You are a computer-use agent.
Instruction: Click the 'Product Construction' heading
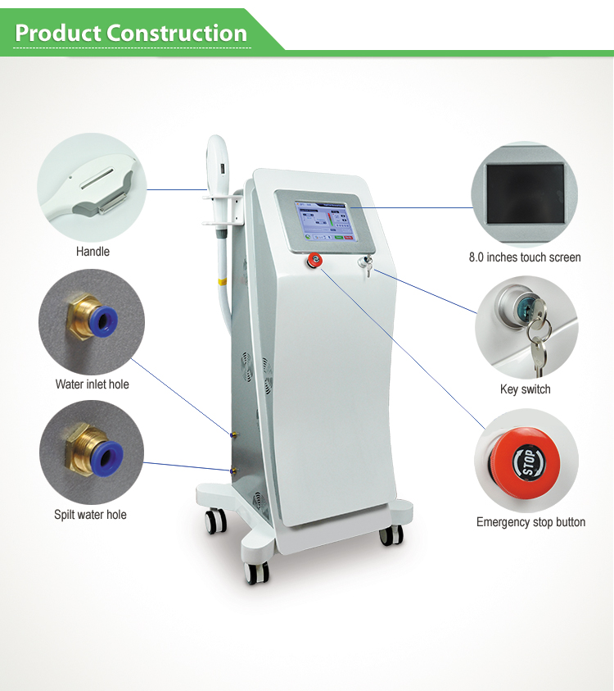pos(131,34)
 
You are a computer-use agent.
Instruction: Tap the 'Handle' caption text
pos(93,252)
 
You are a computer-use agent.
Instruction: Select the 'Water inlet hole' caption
pos(92,384)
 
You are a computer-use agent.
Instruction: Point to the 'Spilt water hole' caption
pos(90,515)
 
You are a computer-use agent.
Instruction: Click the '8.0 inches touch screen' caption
pos(525,257)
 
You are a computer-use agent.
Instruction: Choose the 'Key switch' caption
pos(525,389)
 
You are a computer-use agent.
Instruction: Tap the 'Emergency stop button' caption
pos(530,522)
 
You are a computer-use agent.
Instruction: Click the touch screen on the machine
pos(326,221)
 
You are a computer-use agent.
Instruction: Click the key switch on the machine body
pos(366,265)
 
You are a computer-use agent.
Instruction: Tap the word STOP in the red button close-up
pos(529,462)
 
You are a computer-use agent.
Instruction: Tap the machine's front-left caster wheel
pos(256,573)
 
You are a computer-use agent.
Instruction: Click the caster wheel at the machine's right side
pos(391,534)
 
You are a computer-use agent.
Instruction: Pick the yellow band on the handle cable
pos(223,281)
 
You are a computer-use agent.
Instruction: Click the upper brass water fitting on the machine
pos(233,435)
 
